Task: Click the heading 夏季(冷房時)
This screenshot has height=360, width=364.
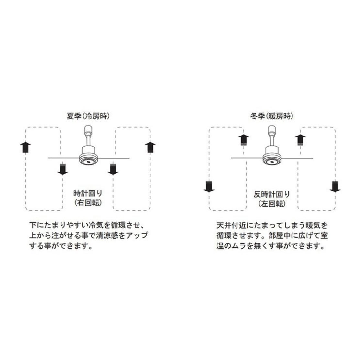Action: (88, 116)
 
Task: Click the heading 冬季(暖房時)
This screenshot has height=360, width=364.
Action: (271, 116)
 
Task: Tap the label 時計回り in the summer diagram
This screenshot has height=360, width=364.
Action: (88, 193)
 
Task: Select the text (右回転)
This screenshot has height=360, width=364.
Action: (88, 202)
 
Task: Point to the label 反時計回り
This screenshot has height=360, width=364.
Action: (271, 194)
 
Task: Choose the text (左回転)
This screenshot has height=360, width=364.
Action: (271, 203)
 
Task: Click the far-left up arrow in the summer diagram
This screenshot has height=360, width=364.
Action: (25, 147)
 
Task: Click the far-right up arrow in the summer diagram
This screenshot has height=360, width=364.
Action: (150, 147)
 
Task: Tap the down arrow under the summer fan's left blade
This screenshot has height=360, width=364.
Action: (63, 169)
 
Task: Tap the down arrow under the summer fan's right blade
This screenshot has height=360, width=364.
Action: (113, 169)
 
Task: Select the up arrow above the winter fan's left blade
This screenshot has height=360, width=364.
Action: (244, 140)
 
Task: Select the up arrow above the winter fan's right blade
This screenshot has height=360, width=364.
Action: (300, 140)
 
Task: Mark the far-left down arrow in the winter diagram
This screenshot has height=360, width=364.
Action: (209, 187)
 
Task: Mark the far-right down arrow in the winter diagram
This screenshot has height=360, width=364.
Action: (335, 187)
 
